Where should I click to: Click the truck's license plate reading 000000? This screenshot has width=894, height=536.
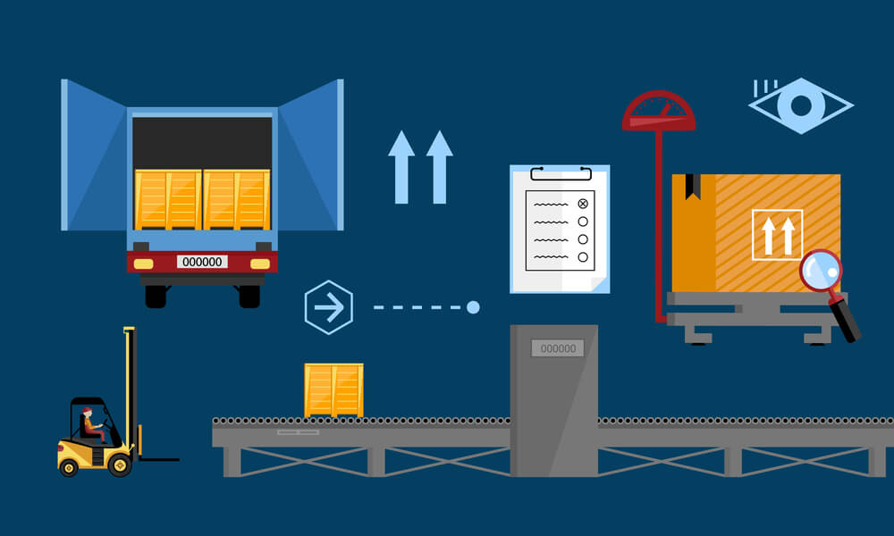pyautogui.click(x=202, y=262)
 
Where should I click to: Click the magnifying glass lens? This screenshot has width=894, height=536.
pyautogui.click(x=821, y=270)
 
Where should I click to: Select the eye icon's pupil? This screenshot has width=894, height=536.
pyautogui.click(x=801, y=105)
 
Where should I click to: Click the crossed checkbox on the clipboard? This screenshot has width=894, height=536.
pyautogui.click(x=583, y=204)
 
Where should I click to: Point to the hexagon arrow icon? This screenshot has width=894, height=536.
pyautogui.click(x=329, y=307)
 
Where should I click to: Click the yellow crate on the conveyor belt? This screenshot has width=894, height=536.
pyautogui.click(x=333, y=389)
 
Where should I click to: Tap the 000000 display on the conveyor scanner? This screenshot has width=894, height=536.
pyautogui.click(x=559, y=348)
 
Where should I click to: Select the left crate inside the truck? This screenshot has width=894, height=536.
pyautogui.click(x=168, y=199)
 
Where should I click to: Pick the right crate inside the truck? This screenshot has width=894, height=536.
pyautogui.click(x=236, y=199)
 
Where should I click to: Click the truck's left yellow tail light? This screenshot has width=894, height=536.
pyautogui.click(x=143, y=264)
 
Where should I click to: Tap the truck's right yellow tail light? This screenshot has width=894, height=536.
pyautogui.click(x=260, y=264)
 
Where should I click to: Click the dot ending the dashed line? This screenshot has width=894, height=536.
pyautogui.click(x=473, y=307)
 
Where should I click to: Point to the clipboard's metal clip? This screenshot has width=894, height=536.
pyautogui.click(x=561, y=172)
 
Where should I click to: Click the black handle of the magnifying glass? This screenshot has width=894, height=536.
pyautogui.click(x=845, y=320)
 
